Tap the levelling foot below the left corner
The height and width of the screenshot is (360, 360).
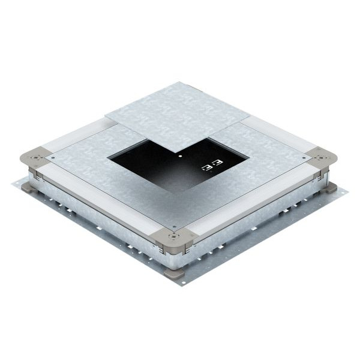pos(31,181)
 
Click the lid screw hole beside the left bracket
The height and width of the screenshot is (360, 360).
pos(54,157)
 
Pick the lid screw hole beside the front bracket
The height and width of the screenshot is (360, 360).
pos(173,227)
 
